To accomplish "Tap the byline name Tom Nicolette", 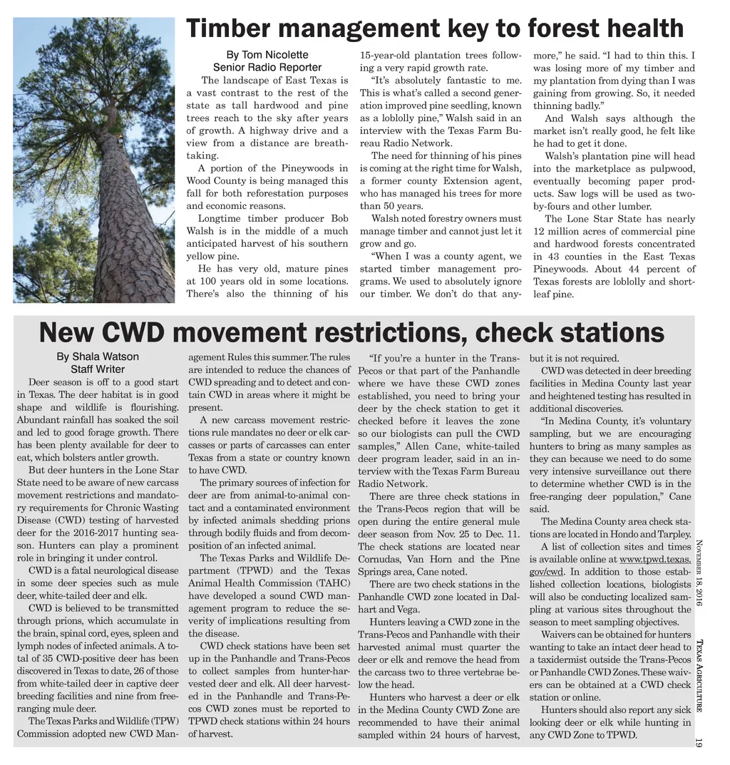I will pos(267,55).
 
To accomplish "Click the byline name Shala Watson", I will pos(98,356).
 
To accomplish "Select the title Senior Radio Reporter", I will pos(267,68).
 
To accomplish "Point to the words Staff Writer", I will pos(98,369).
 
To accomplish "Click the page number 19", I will pos(698,742).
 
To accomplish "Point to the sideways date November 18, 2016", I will pos(698,575).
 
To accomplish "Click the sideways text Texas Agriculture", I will pos(698,674).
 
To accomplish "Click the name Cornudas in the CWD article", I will pos(379,559).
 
